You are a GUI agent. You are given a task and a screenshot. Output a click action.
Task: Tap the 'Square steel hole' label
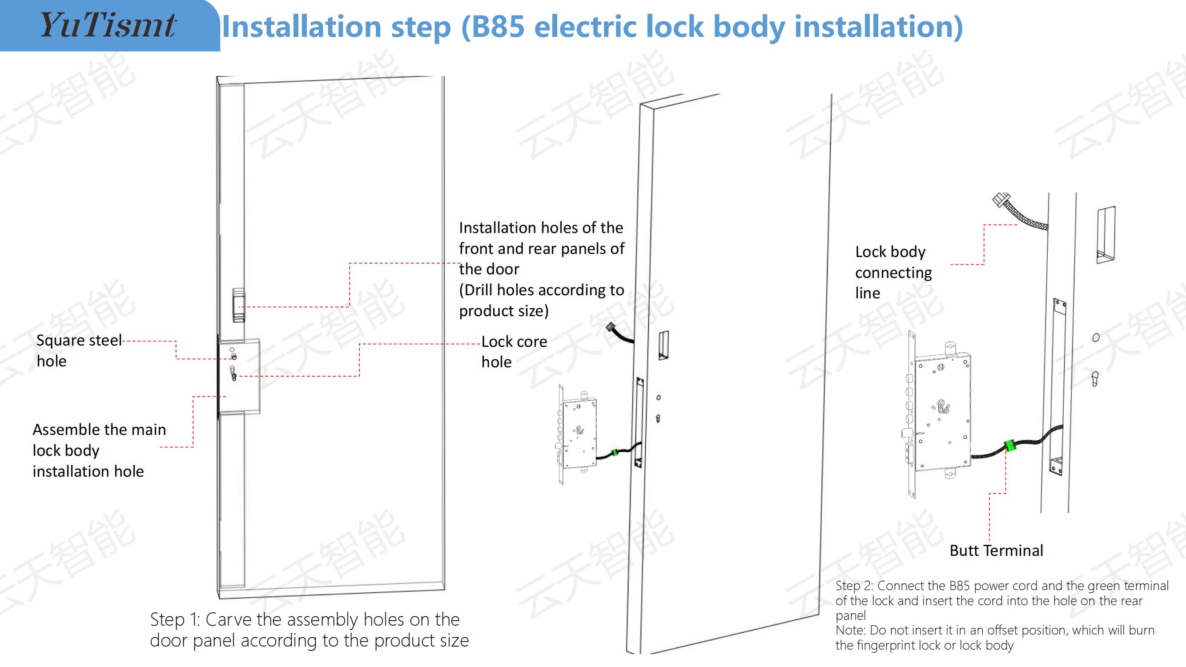pyautogui.click(x=79, y=350)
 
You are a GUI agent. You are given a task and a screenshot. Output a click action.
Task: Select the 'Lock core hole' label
pyautogui.click(x=514, y=352)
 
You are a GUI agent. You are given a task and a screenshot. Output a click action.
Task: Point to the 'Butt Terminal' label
pyautogui.click(x=996, y=550)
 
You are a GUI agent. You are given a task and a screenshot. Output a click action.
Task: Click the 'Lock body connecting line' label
pyautogui.click(x=894, y=272)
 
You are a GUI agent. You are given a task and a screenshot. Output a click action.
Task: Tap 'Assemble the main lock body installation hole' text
pyautogui.click(x=100, y=450)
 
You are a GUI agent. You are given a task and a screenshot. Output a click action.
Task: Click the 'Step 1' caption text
pyautogui.click(x=310, y=630)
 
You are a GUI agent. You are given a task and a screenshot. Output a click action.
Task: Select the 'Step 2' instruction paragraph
pyautogui.click(x=1002, y=615)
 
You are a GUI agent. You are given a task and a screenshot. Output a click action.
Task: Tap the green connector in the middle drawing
pyautogui.click(x=614, y=453)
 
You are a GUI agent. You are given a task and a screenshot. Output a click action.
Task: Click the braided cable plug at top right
pyautogui.click(x=999, y=201)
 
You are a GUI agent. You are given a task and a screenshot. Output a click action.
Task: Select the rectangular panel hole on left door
pyautogui.click(x=238, y=305)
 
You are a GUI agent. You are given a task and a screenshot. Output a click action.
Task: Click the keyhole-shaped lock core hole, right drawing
pyautogui.click(x=1095, y=379)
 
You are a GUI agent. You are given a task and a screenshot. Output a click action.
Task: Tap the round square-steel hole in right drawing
pyautogui.click(x=1096, y=338)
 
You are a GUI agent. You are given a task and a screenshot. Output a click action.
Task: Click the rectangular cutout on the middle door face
pyautogui.click(x=663, y=345)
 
